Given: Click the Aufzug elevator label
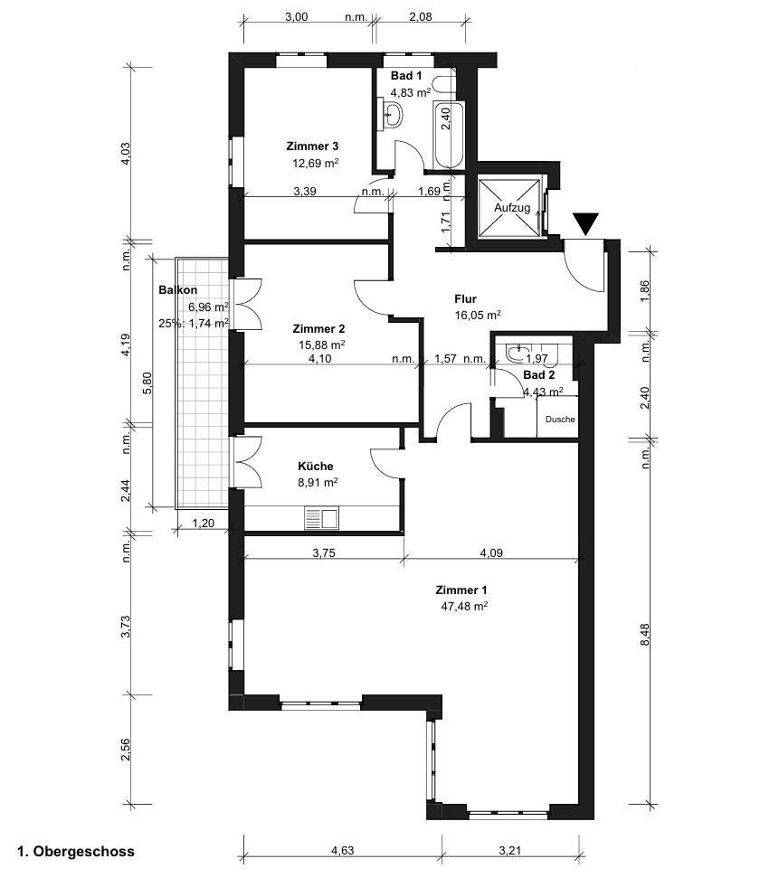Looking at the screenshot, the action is [512, 208].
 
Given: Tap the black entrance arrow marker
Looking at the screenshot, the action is [585, 223].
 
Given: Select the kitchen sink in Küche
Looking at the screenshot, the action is [322, 518].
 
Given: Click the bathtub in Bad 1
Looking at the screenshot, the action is [449, 135].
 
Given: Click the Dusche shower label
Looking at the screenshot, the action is [560, 419].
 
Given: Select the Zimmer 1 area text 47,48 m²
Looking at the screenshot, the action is [464, 606].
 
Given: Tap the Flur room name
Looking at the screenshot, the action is [465, 299].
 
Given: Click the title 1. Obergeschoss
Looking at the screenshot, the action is [76, 852].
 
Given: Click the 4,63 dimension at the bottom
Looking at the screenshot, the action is [342, 851].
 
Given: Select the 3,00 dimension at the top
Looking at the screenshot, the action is [297, 17].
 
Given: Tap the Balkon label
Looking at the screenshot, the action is [177, 290].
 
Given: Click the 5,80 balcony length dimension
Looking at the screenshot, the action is [147, 383].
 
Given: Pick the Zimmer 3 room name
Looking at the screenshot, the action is [312, 146].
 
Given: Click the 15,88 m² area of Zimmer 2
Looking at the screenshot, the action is [321, 345].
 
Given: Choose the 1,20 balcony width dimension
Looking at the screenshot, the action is [203, 524].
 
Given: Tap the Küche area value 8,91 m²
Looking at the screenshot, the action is [318, 482].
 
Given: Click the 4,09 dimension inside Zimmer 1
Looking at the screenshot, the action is [491, 553].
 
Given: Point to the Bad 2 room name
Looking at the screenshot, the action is [539, 375].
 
